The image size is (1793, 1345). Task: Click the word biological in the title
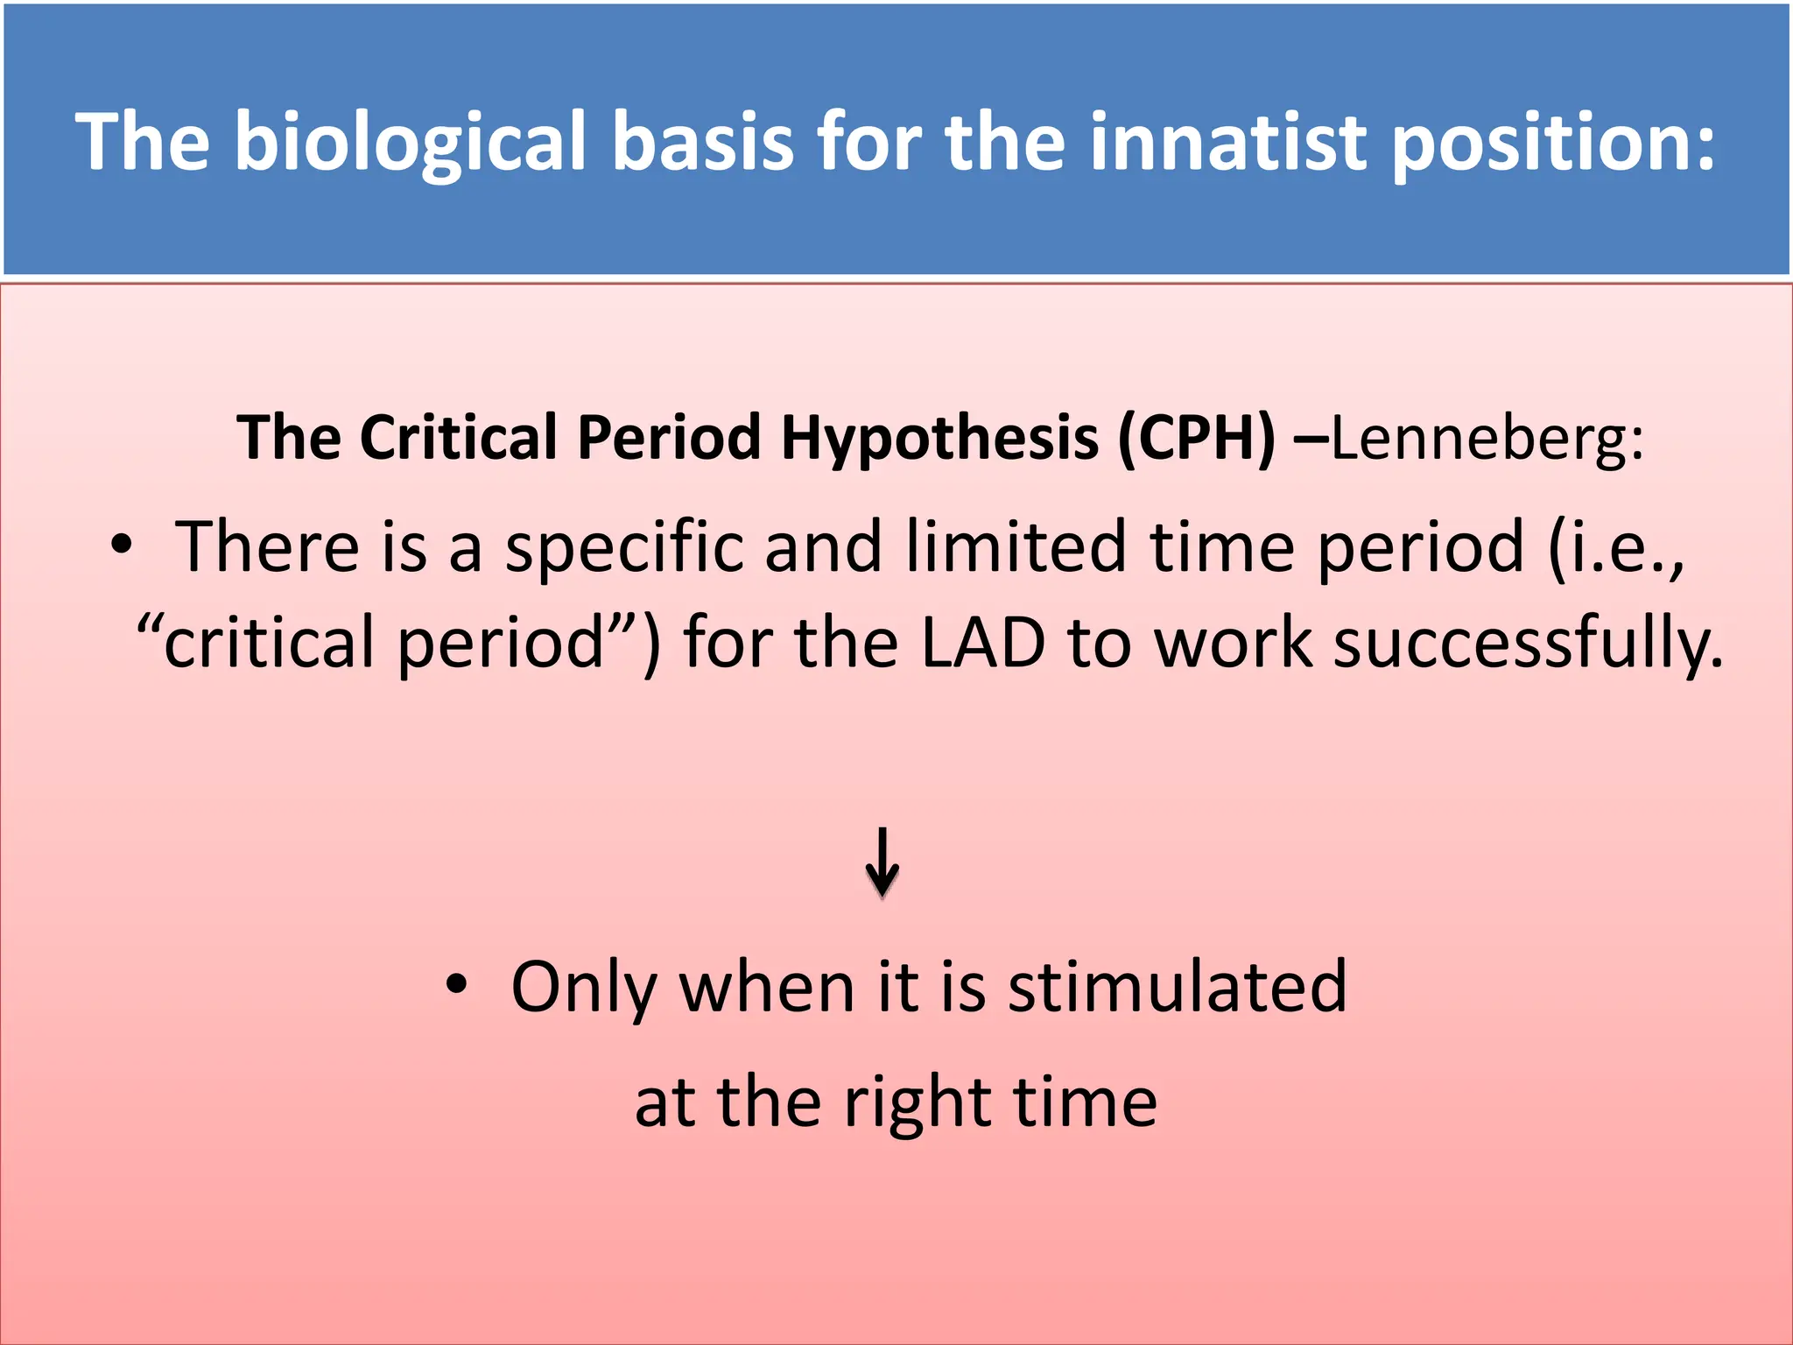coord(416,143)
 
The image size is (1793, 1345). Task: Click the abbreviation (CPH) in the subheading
coord(1196,437)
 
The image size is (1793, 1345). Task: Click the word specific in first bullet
coord(623,548)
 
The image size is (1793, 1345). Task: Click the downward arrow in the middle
coord(882,862)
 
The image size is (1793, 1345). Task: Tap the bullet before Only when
coord(456,984)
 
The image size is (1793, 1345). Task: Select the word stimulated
coord(1178,988)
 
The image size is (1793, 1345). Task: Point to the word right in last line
coord(918,1104)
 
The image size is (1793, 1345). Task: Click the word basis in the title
coord(703,143)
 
